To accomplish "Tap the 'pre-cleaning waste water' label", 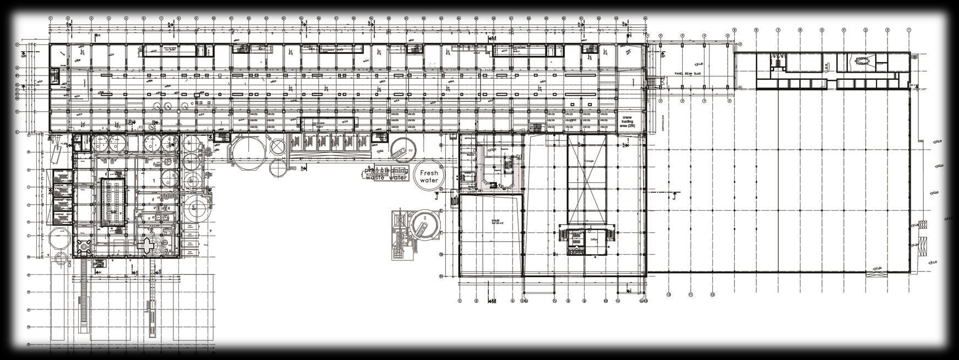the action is pyautogui.click(x=386, y=174).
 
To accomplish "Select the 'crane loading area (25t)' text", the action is pyautogui.click(x=627, y=122).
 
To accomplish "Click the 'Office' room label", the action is pyautogui.click(x=593, y=240).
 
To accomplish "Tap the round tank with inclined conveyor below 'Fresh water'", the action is pyautogui.click(x=423, y=225).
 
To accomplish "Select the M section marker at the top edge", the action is pyautogui.click(x=493, y=39).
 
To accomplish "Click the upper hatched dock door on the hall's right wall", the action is pyautogui.click(x=922, y=225).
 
